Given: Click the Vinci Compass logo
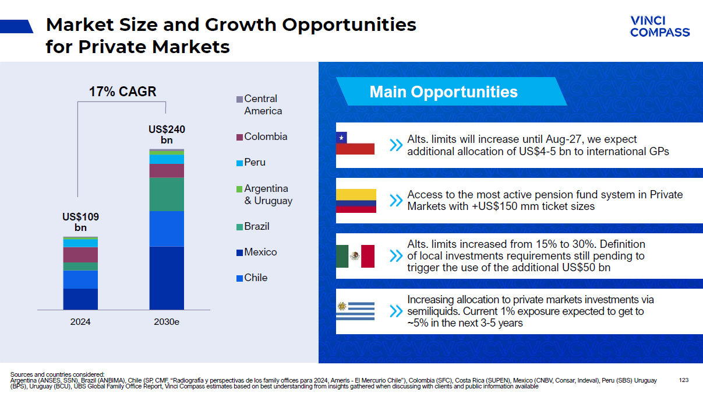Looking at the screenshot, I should pos(659,27).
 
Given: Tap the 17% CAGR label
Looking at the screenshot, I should pos(122,92).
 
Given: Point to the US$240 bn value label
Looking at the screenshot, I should pos(167,134).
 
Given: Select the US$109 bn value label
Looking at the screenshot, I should pos(80,222).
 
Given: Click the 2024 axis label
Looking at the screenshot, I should pos(80,321).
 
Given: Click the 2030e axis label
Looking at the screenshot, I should pos(167,321).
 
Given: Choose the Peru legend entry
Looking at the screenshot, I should pos(255,162).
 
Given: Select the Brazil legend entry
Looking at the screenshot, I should pos(256,226).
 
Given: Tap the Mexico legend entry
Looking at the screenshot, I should pos(260,252).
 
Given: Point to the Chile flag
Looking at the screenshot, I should pos(355,143).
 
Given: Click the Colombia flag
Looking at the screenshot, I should pos(356,201).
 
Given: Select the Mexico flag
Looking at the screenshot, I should pos(355,256).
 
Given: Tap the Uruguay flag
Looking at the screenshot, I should pos(355,310).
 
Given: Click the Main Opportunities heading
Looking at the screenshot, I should pos(443,92).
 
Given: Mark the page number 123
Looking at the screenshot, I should pos(684,380).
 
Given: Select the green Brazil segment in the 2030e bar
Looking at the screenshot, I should pos(167,194).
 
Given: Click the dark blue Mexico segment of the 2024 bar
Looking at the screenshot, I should pos(80,299).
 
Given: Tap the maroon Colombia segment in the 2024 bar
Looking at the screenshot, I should pos(80,255).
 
